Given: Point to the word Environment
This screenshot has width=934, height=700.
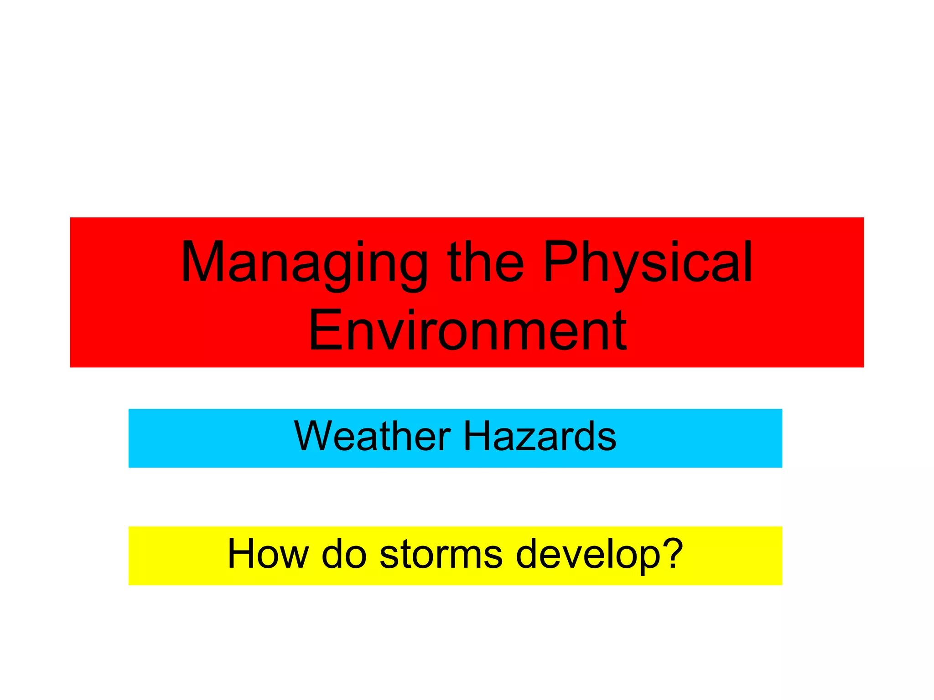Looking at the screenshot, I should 467,330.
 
